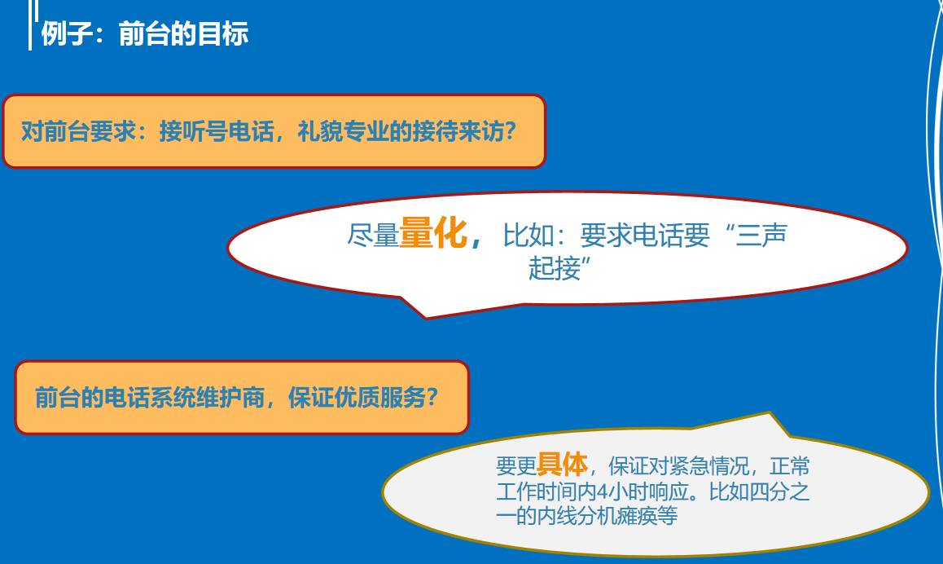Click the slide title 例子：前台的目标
point(145,33)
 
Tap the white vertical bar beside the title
point(30,25)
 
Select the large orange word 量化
point(433,233)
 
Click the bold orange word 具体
point(563,464)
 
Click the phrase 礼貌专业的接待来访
point(401,131)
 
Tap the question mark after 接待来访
point(511,131)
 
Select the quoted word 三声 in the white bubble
point(761,235)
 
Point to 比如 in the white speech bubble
point(528,235)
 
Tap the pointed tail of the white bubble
point(426,317)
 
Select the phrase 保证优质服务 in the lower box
point(357,397)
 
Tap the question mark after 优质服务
point(432,397)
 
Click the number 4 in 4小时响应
point(601,491)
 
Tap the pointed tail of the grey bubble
point(770,413)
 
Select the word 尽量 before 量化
point(373,235)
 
